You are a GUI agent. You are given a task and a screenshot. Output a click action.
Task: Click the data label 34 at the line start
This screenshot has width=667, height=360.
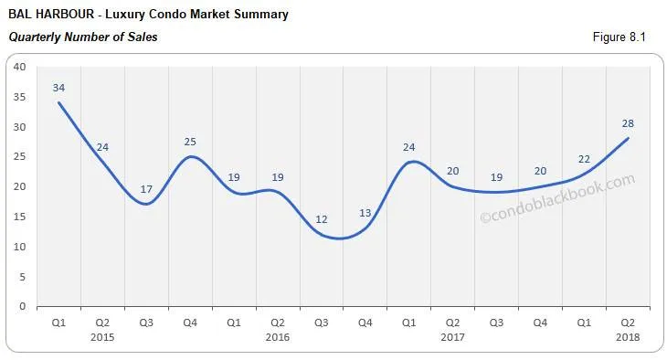(x=58, y=88)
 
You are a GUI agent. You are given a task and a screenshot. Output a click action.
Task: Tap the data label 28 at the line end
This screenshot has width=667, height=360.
(x=628, y=123)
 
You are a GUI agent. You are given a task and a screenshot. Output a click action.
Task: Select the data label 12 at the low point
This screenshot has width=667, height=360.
(x=322, y=219)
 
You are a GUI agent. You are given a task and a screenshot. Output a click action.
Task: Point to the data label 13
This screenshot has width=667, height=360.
(x=365, y=213)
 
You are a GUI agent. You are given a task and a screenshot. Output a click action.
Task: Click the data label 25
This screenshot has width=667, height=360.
(x=190, y=142)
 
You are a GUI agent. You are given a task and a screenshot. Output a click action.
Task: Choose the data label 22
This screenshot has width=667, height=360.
(x=584, y=159)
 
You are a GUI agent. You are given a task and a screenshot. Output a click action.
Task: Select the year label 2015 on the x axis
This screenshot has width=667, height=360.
(x=103, y=337)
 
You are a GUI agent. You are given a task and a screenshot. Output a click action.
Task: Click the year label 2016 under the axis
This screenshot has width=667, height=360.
(x=278, y=337)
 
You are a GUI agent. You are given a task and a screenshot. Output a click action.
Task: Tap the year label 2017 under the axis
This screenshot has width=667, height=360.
(x=453, y=337)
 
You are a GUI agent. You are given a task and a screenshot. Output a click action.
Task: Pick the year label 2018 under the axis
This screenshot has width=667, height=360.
(x=629, y=337)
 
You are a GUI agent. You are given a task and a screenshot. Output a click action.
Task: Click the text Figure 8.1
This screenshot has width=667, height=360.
(x=620, y=37)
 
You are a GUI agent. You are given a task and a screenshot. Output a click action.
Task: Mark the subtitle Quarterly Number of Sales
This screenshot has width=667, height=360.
(x=82, y=37)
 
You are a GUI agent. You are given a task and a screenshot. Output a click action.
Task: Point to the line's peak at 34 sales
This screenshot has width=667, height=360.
(x=59, y=102)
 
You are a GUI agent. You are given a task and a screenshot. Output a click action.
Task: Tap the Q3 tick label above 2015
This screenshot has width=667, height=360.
(x=146, y=322)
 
